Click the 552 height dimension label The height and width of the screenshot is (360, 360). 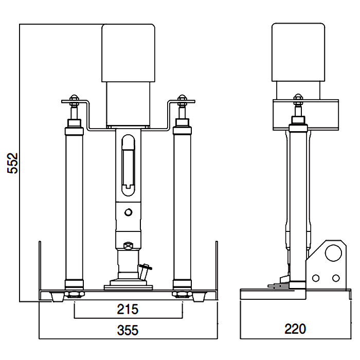13,163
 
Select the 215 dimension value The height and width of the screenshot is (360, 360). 128,309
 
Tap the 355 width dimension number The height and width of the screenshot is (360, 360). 128,330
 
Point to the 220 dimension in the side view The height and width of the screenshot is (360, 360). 295,329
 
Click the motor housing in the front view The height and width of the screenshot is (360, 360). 129,53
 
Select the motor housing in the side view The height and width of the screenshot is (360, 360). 298,52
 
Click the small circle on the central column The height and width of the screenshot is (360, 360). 129,212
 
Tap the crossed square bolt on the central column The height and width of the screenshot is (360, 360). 128,246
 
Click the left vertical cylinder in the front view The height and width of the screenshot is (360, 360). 74,204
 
